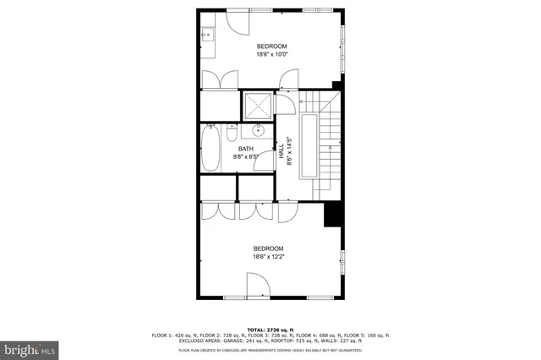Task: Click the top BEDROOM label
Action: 272,46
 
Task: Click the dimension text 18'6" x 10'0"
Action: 272,55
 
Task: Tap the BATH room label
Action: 245,149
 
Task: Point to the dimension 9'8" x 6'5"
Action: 245,157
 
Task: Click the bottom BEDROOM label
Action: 269,248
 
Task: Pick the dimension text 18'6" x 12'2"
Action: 269,258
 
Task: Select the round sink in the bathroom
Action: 257,131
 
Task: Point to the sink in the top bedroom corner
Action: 207,35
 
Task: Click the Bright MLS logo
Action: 30,347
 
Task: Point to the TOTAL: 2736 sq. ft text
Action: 270,329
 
